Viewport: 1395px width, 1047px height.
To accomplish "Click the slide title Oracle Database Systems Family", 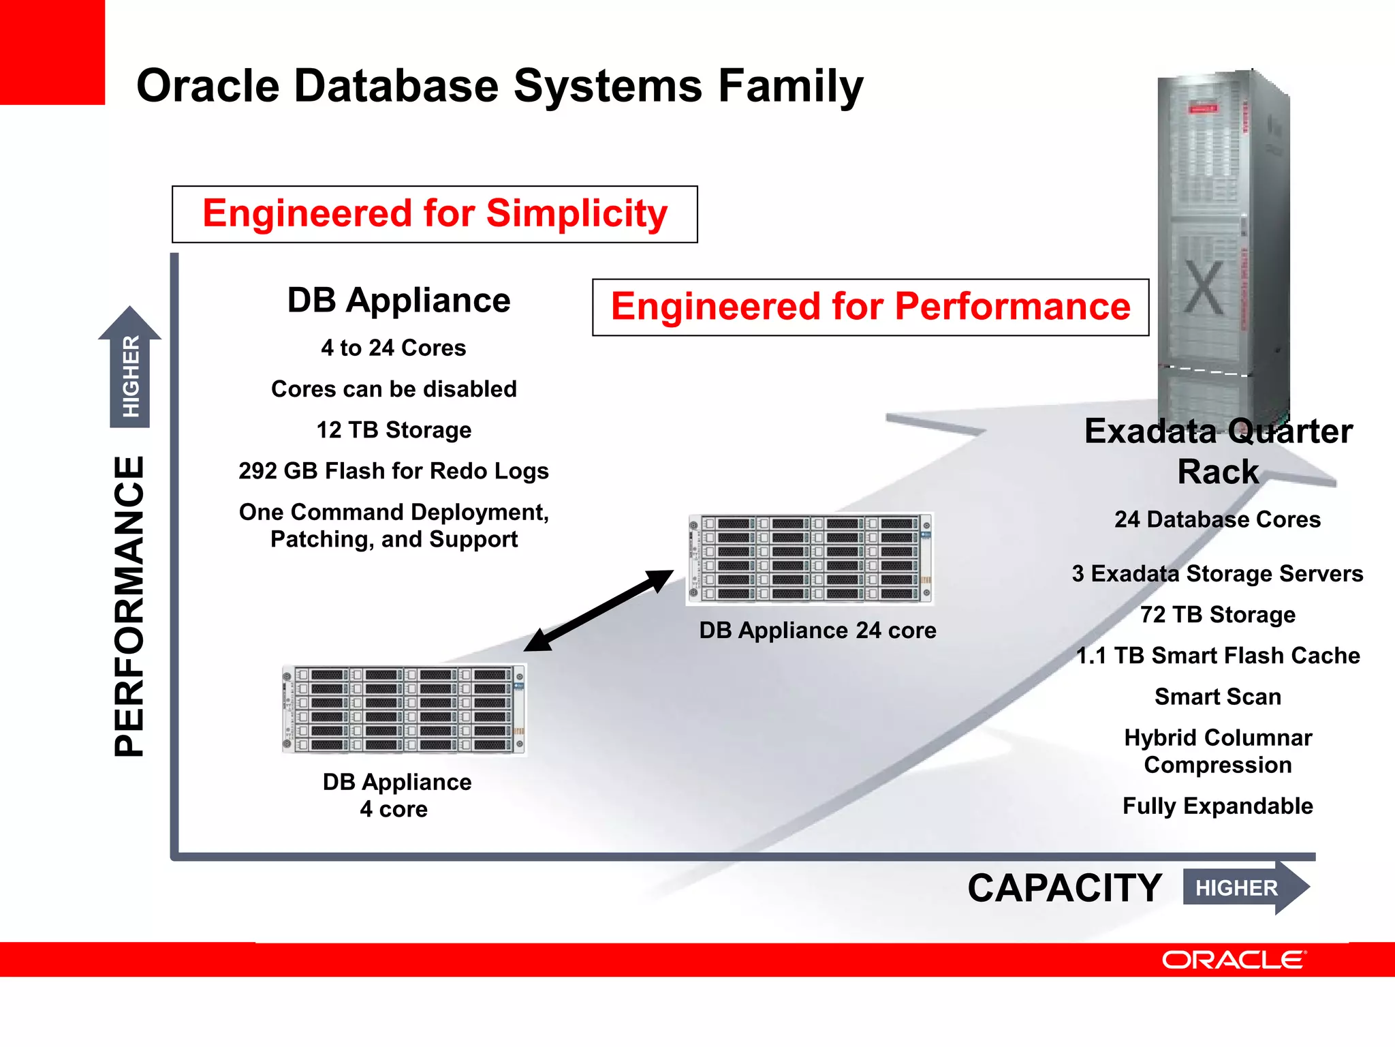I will (x=499, y=87).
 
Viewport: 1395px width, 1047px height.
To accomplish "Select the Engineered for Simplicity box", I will (x=435, y=214).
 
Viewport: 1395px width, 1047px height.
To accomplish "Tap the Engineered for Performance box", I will (x=870, y=307).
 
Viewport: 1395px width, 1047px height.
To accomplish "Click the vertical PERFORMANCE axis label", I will (x=129, y=606).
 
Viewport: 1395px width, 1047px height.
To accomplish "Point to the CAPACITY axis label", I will (x=1064, y=888).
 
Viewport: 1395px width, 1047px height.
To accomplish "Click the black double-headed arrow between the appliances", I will (x=598, y=611).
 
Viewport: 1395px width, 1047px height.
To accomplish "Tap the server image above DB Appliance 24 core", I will (x=809, y=559).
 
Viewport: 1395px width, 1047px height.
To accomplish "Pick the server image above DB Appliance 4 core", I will (x=404, y=709).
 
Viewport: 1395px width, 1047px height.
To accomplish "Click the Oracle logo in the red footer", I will (x=1234, y=960).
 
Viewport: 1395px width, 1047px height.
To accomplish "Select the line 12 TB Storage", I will (x=394, y=430).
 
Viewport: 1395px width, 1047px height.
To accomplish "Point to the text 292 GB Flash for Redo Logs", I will (x=394, y=471).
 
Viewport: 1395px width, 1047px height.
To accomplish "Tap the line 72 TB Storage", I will (x=1217, y=615).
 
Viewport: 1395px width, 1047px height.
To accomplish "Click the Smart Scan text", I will (x=1217, y=697).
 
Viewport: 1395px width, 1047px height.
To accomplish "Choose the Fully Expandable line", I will (x=1217, y=806).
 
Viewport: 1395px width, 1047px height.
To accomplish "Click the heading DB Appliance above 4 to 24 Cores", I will (x=398, y=301).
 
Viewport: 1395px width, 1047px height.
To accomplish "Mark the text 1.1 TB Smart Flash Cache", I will (x=1217, y=656).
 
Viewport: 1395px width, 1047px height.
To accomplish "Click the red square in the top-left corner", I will (x=52, y=52).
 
